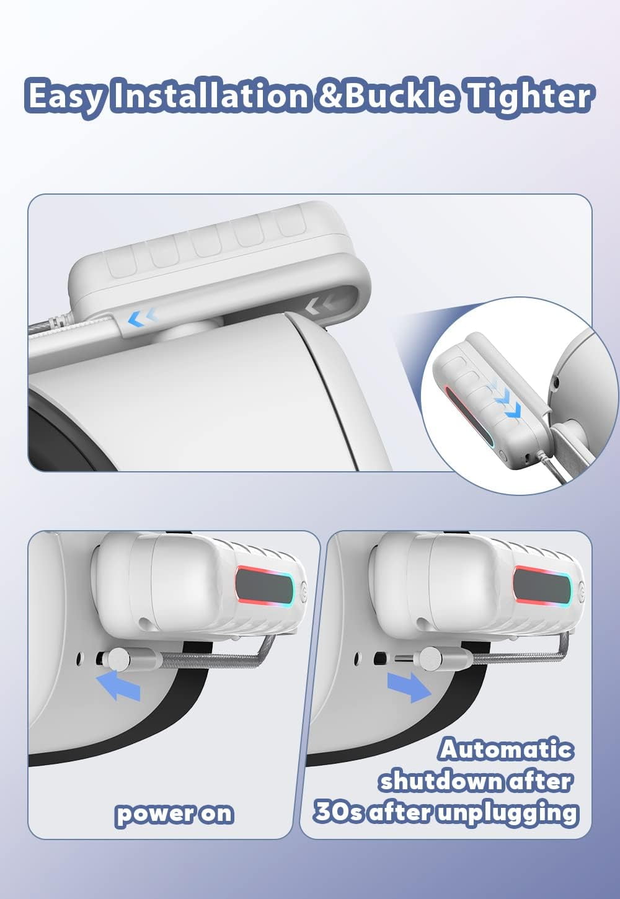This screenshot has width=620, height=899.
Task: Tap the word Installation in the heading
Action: (x=210, y=96)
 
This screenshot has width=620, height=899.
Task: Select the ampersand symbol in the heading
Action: (x=329, y=96)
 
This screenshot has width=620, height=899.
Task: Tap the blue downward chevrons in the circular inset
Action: (x=507, y=401)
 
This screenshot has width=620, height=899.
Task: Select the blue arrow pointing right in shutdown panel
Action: (x=409, y=687)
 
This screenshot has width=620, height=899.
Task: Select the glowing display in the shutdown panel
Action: (x=542, y=590)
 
